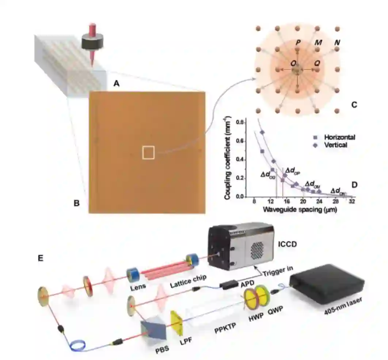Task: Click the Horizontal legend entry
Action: tap(339, 137)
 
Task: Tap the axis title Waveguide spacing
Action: tap(299, 210)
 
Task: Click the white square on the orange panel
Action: tap(148, 152)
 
